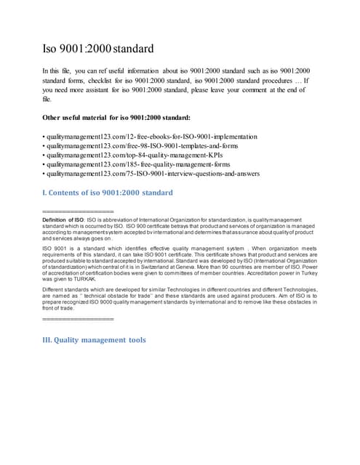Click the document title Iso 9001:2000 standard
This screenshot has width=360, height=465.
pyautogui.click(x=98, y=50)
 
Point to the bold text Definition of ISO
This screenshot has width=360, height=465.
pyautogui.click(x=63, y=218)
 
